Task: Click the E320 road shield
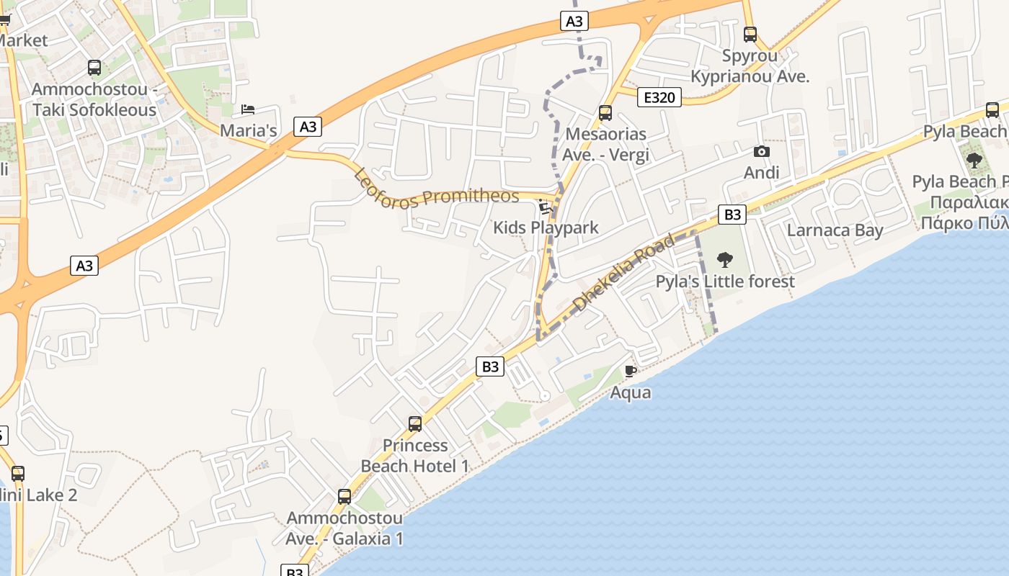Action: click(659, 97)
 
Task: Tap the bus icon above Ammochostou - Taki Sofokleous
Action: click(94, 68)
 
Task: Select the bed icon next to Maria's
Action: click(248, 109)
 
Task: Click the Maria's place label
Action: click(248, 131)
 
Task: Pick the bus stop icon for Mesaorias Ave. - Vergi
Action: click(605, 113)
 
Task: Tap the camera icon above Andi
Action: click(761, 151)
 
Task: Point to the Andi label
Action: click(762, 173)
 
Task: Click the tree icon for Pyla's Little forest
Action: click(725, 259)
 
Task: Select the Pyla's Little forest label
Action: click(725, 282)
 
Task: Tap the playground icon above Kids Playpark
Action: click(546, 207)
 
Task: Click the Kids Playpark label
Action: click(546, 228)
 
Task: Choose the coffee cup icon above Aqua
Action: click(631, 372)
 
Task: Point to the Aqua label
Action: click(631, 392)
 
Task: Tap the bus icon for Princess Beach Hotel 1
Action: click(415, 423)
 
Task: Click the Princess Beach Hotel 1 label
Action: click(415, 456)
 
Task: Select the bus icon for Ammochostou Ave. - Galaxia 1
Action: click(345, 497)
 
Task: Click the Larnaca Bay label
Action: click(835, 230)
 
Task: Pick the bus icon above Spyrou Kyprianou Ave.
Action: click(750, 34)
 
